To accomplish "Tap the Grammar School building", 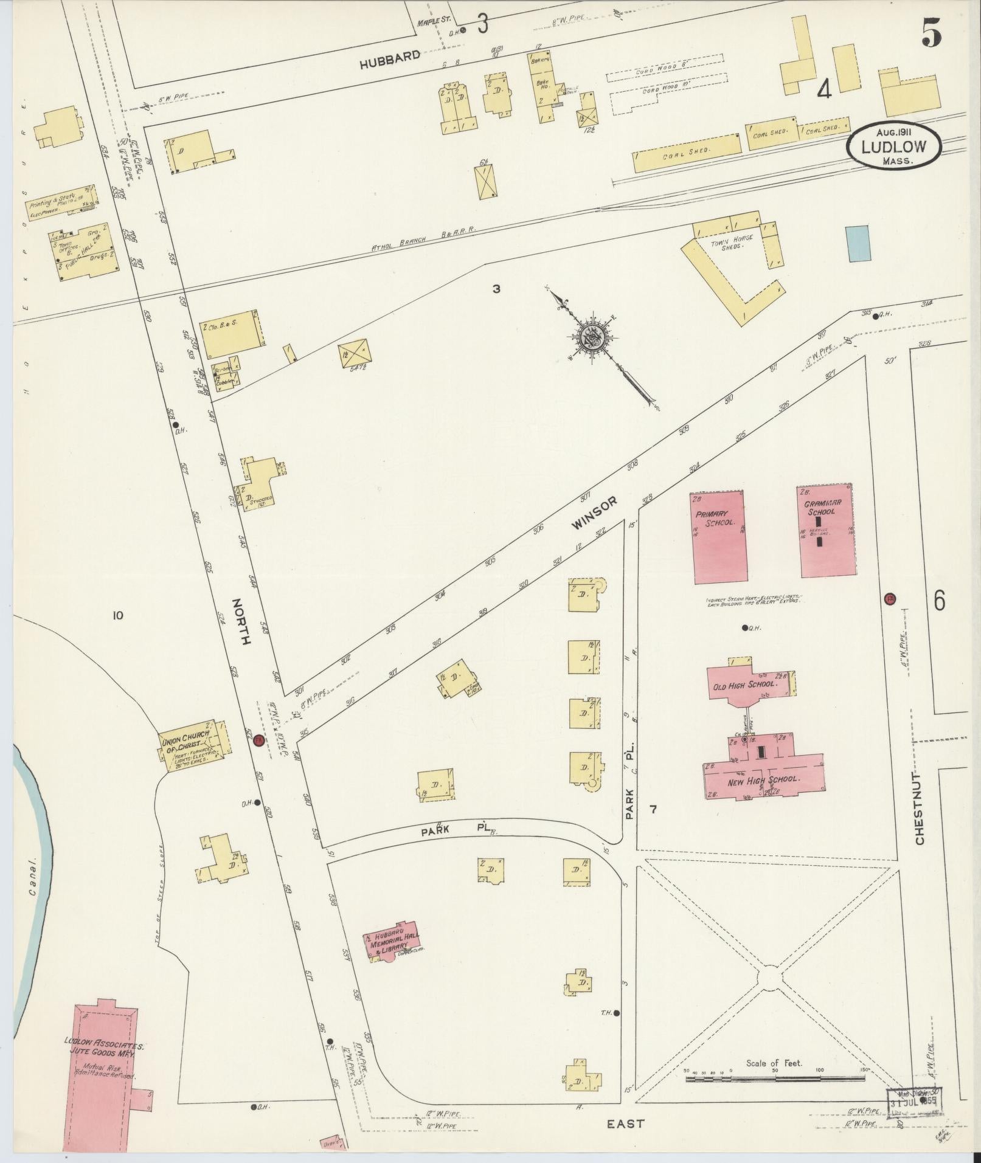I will pos(825,530).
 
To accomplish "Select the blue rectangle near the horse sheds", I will pos(857,243).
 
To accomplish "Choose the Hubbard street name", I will pos(389,59).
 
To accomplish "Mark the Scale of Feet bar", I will pos(775,1078).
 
